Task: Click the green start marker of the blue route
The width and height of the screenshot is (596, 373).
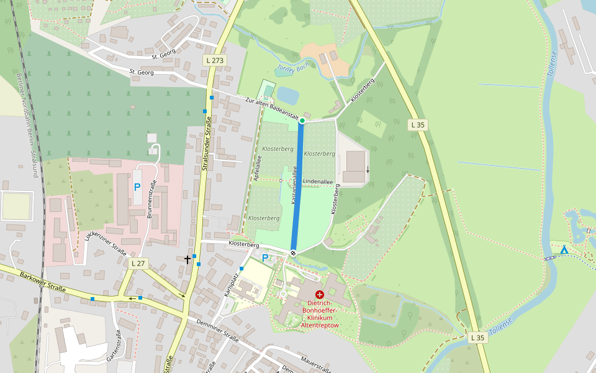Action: pyautogui.click(x=302, y=121)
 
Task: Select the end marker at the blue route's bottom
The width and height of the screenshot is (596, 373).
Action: pyautogui.click(x=293, y=252)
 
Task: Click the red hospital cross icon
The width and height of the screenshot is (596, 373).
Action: pyautogui.click(x=319, y=294)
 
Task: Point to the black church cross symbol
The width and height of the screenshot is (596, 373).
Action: pyautogui.click(x=187, y=258)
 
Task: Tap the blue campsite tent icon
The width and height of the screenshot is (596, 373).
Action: pyautogui.click(x=564, y=250)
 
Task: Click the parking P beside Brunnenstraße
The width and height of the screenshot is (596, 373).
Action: pyautogui.click(x=137, y=186)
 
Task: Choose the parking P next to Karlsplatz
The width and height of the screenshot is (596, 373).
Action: pyautogui.click(x=265, y=258)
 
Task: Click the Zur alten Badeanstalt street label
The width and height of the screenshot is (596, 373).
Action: pyautogui.click(x=273, y=108)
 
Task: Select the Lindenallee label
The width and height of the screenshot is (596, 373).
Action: pyautogui.click(x=318, y=182)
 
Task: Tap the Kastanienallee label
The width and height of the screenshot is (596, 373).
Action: pyautogui.click(x=296, y=185)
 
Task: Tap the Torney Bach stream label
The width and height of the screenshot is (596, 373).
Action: pyautogui.click(x=292, y=67)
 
